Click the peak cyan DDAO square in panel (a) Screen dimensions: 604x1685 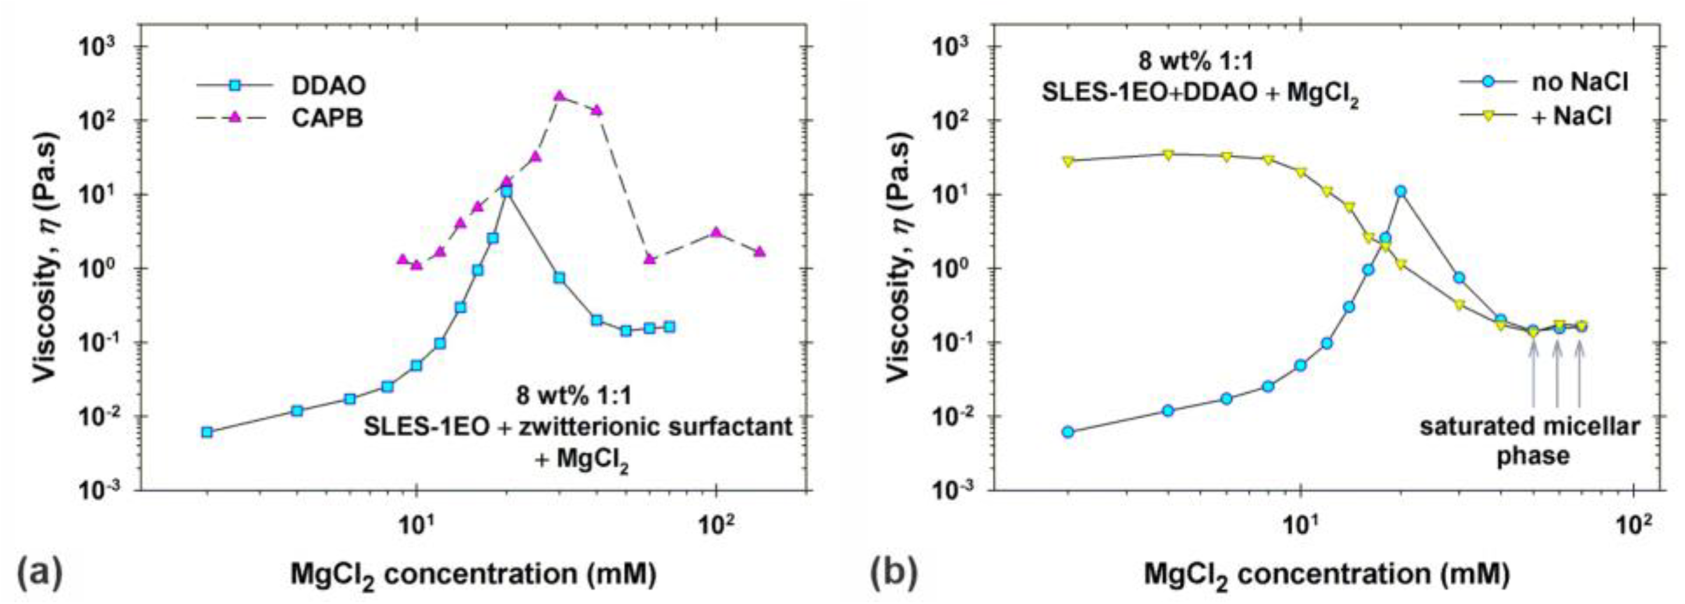507,192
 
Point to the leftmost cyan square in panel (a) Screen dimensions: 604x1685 207,432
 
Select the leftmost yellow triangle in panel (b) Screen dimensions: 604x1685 1068,161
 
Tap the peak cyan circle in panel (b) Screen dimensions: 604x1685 1400,191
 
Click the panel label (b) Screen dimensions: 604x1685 894,571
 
